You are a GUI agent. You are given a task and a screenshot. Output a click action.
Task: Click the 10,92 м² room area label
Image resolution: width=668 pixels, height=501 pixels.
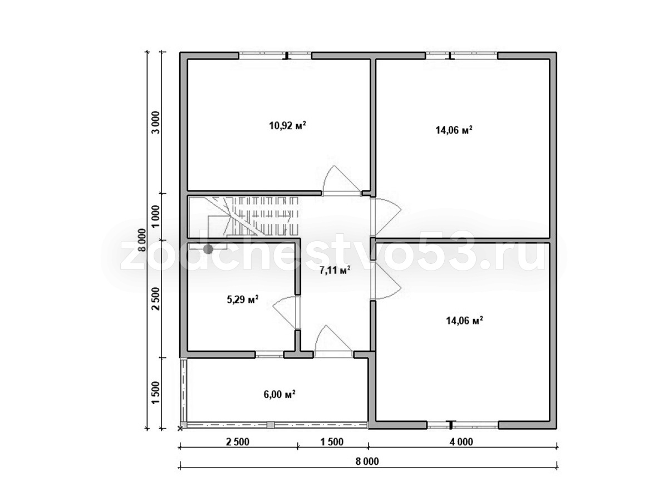point(287,125)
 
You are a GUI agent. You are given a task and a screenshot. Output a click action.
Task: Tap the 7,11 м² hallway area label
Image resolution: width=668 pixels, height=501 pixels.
point(335,270)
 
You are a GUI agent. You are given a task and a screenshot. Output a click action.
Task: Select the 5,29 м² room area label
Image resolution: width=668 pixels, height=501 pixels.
point(243,299)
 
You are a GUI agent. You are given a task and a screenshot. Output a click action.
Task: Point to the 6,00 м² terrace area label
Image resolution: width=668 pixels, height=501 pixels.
point(279,394)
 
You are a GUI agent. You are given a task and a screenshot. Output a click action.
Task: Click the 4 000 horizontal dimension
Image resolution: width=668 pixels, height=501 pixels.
point(461,441)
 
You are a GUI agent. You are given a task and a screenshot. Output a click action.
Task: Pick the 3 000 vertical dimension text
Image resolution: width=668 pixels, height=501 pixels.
point(155,122)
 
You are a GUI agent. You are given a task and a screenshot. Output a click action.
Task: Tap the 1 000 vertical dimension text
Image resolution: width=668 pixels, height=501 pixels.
point(155,217)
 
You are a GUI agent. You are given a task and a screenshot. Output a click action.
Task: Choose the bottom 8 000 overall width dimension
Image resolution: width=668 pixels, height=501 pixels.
point(367,461)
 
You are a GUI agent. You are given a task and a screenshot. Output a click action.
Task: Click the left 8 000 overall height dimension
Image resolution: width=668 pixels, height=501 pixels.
point(141,240)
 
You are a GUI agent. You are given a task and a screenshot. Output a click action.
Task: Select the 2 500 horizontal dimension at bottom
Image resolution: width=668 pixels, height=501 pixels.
point(237,441)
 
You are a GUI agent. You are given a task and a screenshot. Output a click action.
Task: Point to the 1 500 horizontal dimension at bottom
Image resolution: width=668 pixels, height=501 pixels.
point(332,441)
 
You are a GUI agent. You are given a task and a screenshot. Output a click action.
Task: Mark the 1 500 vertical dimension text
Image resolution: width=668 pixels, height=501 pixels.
point(155,392)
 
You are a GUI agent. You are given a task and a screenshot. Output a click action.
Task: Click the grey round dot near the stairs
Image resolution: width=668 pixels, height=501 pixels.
point(208,249)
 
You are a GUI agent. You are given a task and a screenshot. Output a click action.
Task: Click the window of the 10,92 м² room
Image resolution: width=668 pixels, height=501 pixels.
point(275,56)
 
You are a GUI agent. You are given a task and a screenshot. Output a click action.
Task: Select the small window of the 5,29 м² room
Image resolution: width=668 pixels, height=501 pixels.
point(269,355)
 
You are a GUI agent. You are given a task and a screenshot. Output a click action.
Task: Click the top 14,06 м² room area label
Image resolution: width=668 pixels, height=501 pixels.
point(454,130)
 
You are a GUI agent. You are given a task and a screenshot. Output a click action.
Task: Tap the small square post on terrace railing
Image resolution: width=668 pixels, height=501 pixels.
point(270,425)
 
